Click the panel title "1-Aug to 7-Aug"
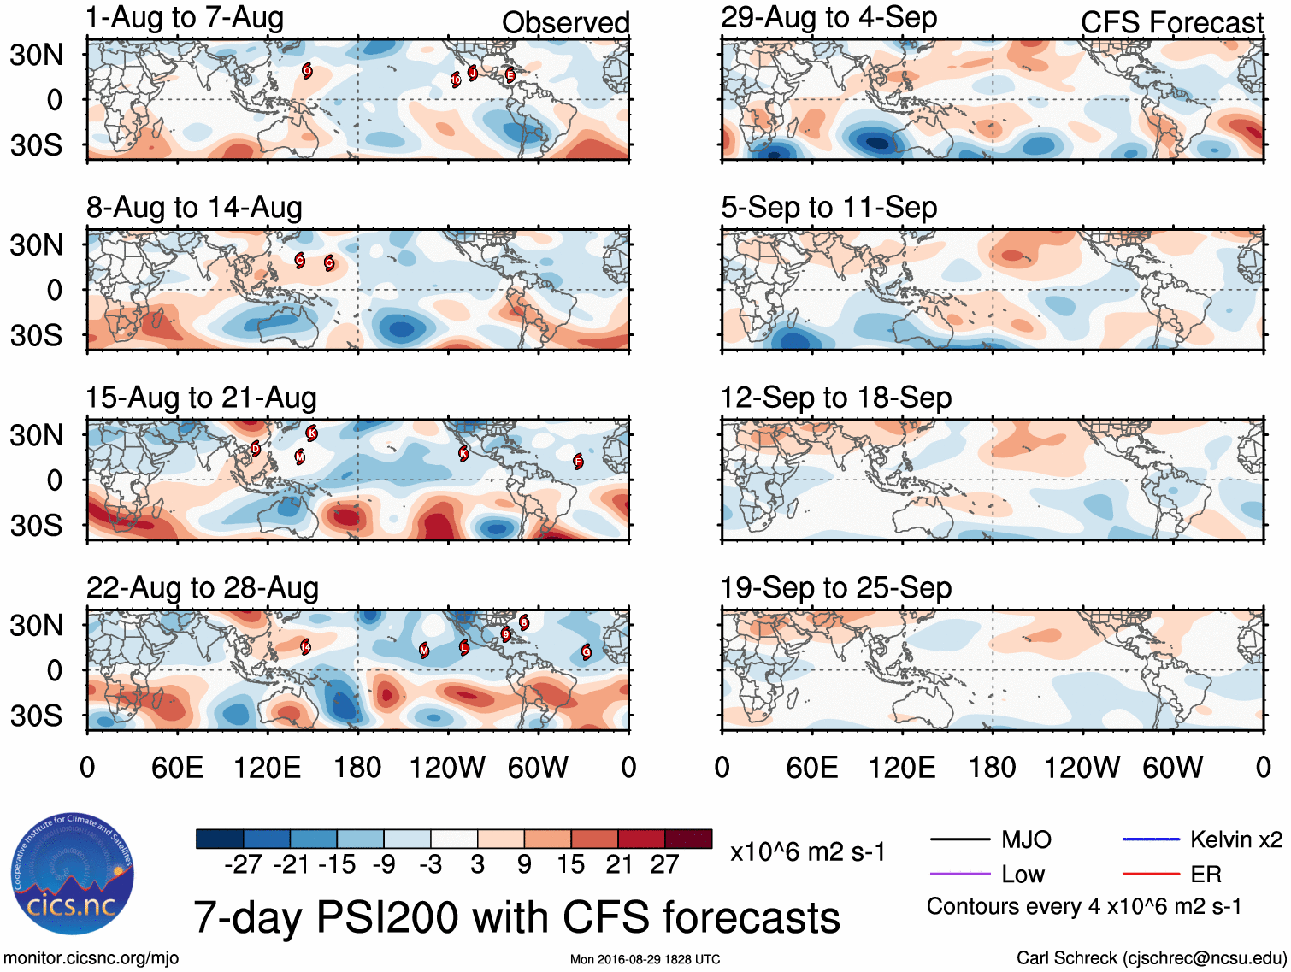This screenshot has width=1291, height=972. click(x=185, y=18)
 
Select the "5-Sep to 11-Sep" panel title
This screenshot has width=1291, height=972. click(x=828, y=208)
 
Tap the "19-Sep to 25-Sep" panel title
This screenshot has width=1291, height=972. click(x=835, y=588)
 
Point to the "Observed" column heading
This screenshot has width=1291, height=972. click(x=565, y=23)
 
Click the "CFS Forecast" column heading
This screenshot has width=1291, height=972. click(x=1171, y=23)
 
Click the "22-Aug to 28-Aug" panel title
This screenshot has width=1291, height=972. click(x=203, y=588)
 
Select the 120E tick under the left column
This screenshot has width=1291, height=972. click(x=268, y=767)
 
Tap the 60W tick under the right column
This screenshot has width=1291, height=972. click(x=1172, y=767)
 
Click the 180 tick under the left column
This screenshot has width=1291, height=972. click(x=357, y=767)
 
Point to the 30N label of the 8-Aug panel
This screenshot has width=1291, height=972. click(x=36, y=245)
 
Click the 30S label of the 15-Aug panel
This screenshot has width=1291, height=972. click(x=36, y=525)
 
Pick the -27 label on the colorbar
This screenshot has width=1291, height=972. click(x=243, y=865)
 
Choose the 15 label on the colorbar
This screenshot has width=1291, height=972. click(x=570, y=865)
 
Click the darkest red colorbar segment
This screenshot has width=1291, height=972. click(x=688, y=839)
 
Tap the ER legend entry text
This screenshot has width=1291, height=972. click(x=1206, y=875)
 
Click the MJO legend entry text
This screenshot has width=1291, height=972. click(x=1026, y=840)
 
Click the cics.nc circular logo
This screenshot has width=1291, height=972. click(x=72, y=874)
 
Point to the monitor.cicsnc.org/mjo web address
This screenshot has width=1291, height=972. click(x=91, y=958)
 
